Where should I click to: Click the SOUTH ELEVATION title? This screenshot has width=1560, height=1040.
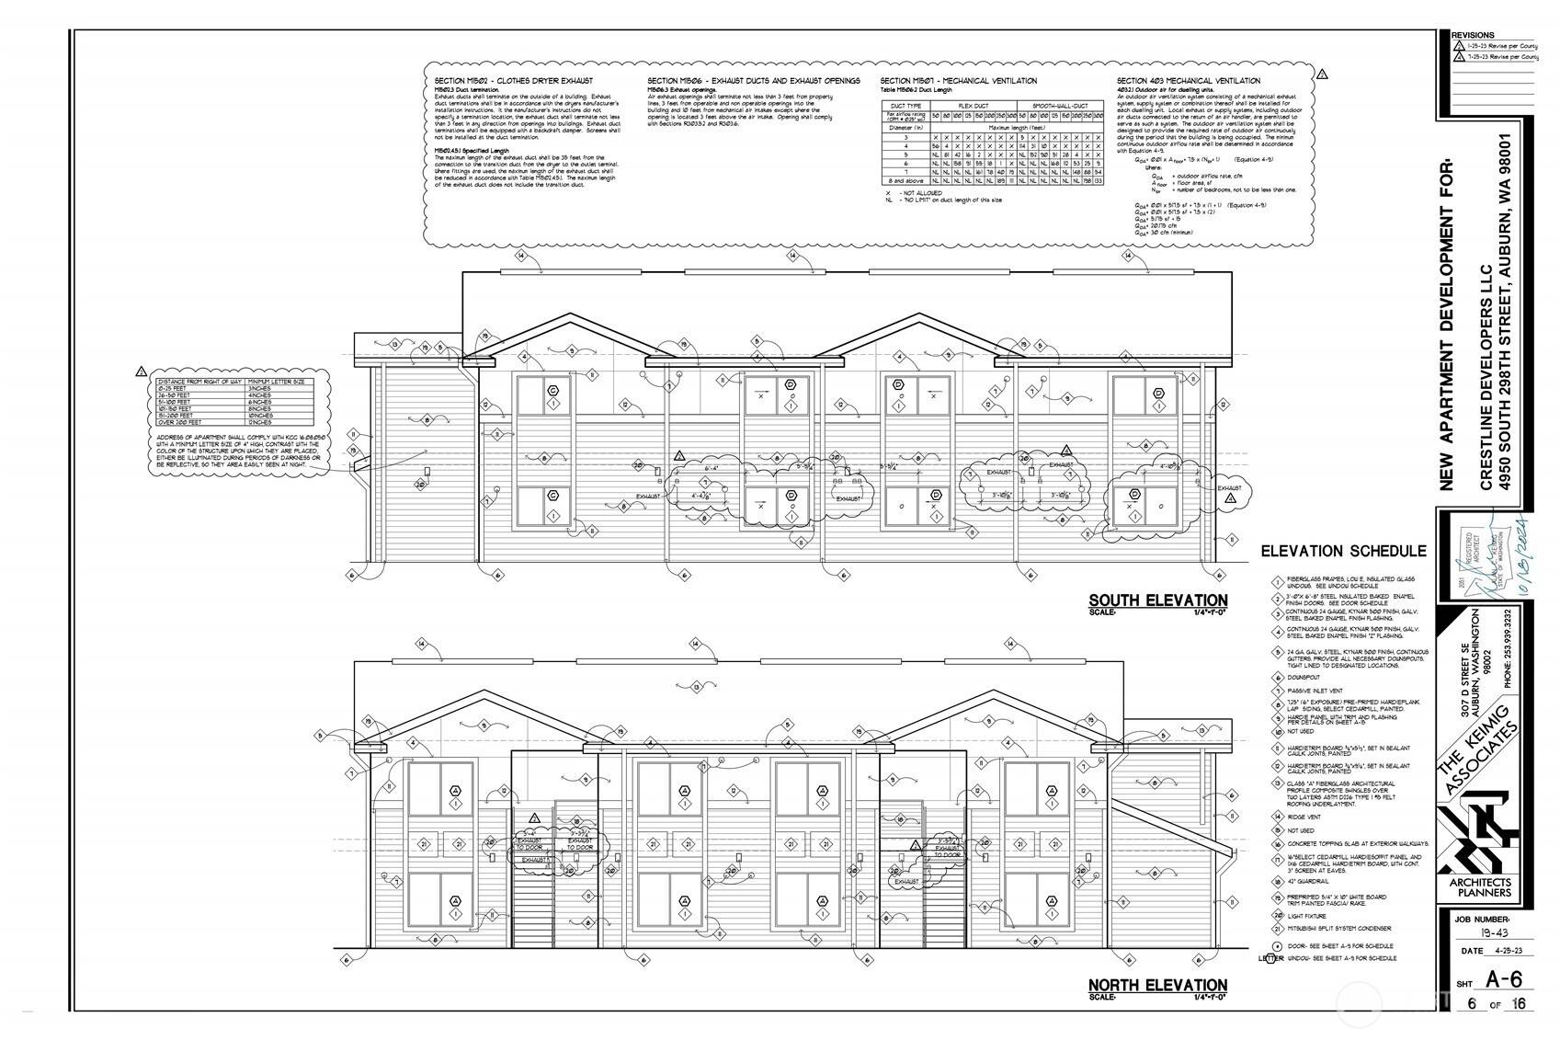point(1157,600)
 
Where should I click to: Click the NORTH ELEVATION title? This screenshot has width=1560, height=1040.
point(1157,985)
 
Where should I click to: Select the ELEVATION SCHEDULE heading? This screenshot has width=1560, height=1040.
point(1343,552)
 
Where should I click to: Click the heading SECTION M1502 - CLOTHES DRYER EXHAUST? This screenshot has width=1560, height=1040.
point(514,81)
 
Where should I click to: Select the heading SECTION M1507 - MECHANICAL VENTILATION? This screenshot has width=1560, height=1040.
point(958,81)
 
